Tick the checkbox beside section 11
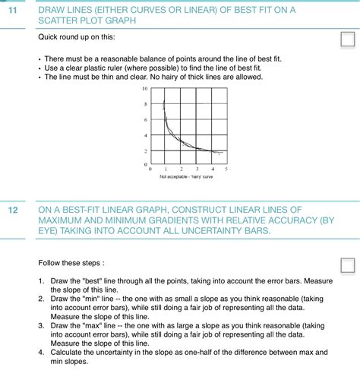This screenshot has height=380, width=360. click(347, 40)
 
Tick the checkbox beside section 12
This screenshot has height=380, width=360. click(347, 265)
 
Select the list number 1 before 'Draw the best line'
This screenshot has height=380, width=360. click(41, 281)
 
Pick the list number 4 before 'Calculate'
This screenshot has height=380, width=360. click(41, 352)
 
